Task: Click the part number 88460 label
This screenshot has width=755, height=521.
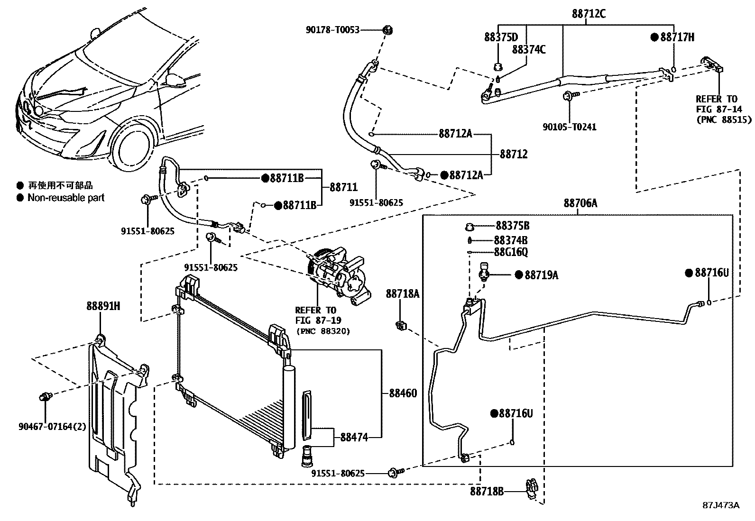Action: click(x=403, y=393)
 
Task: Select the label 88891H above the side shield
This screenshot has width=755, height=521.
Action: click(x=103, y=306)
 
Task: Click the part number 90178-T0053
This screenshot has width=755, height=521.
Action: click(x=332, y=30)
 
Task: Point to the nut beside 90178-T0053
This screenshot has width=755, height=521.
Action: click(x=388, y=30)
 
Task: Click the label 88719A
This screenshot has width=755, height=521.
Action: click(x=541, y=275)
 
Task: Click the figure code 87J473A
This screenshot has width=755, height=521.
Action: click(x=720, y=505)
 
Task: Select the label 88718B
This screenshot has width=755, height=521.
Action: click(x=487, y=491)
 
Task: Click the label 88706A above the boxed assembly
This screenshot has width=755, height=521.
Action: click(x=580, y=203)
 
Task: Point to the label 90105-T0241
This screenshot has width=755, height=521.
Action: click(x=569, y=127)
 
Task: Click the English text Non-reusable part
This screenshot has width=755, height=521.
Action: click(x=66, y=198)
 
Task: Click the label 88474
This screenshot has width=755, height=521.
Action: click(x=354, y=437)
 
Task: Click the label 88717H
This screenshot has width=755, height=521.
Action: click(x=677, y=37)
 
